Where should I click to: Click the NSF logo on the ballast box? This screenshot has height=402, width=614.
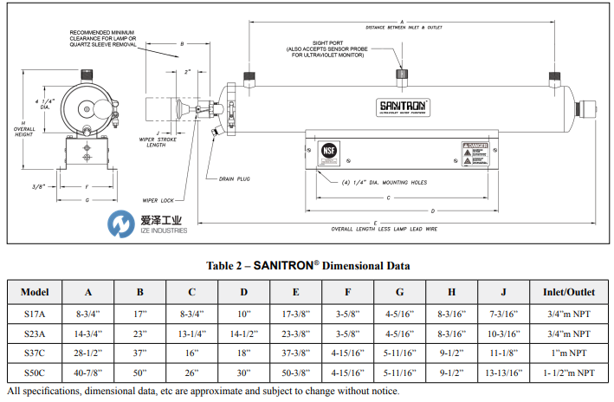[328, 148]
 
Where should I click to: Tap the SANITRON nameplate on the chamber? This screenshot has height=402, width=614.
[399, 107]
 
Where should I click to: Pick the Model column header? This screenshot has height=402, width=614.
[36, 290]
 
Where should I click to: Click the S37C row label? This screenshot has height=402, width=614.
[36, 353]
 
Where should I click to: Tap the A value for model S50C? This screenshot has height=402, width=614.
[89, 374]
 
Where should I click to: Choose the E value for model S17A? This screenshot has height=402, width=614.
[296, 312]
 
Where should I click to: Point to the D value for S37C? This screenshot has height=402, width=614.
[244, 353]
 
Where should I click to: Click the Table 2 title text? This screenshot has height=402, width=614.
[307, 265]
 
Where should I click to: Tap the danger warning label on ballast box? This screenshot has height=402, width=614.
[476, 153]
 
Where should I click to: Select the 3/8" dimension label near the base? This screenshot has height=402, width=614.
[39, 185]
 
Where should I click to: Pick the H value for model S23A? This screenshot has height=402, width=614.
[452, 333]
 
